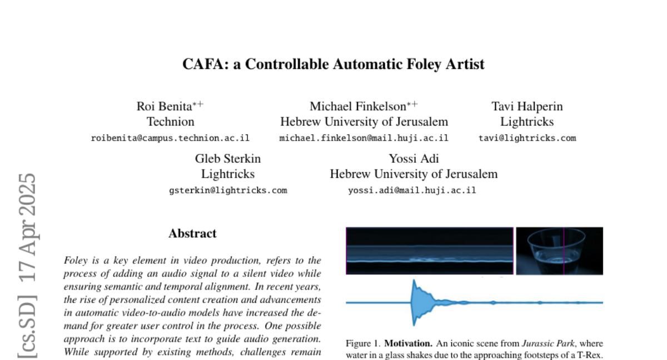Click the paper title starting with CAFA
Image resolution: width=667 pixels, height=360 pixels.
333,64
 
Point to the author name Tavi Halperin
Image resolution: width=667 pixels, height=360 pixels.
527,106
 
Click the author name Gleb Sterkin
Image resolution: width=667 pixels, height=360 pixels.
227,158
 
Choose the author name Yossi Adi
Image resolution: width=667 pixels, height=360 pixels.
414,158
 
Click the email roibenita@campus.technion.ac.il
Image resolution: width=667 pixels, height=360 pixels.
170,138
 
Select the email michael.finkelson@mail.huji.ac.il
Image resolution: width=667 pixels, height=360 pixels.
364,138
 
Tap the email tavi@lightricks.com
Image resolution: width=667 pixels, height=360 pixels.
527,138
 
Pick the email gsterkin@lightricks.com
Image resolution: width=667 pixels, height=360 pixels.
228,190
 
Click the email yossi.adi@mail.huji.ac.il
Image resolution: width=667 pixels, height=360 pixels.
412,190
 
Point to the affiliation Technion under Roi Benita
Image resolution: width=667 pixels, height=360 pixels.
170,122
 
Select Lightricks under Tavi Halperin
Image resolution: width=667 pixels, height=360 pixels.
527,122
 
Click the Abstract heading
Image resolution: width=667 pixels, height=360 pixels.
192,233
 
